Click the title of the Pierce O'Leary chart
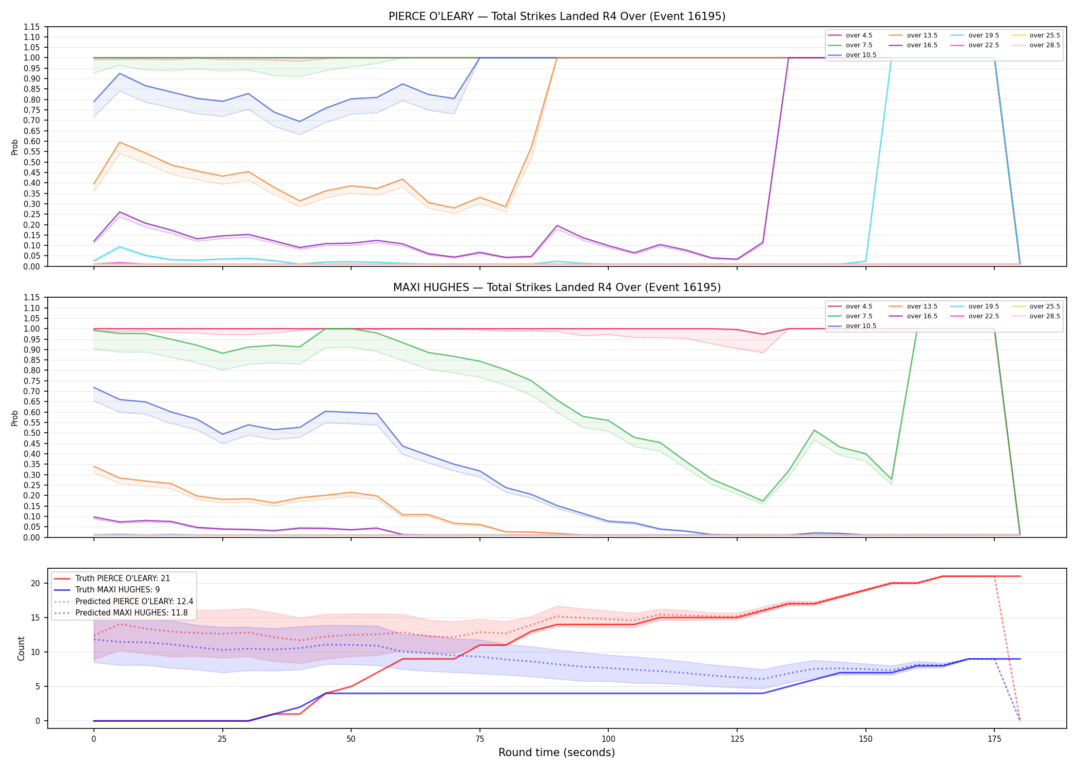pos(557,16)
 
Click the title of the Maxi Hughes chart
pos(557,287)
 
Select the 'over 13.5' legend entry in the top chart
pos(913,35)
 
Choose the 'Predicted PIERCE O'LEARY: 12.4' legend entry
pos(123,601)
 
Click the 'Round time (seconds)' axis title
pos(557,753)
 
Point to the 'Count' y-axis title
pos(21,648)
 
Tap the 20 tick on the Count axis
pos(35,583)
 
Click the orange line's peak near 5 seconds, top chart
pos(120,142)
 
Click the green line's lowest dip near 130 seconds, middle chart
pos(763,501)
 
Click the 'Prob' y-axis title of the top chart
pos(15,147)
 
